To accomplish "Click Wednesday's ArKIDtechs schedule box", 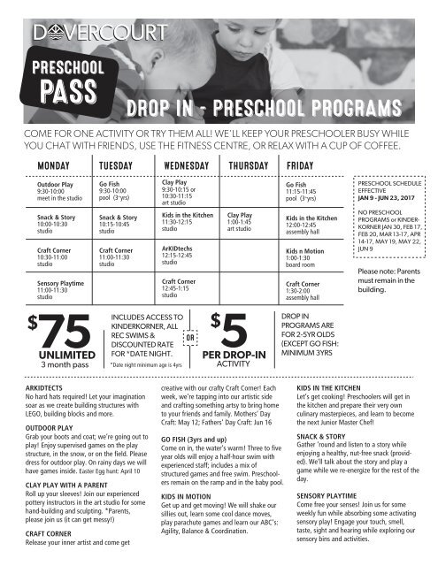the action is pos(182,256).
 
